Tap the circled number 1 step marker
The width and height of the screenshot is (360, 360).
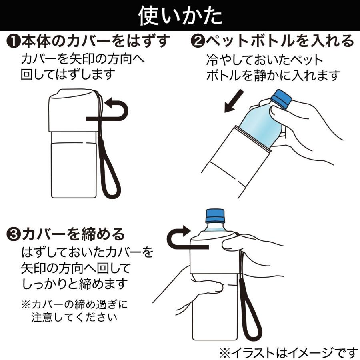click(14, 41)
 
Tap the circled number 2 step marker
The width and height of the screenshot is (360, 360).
click(198, 41)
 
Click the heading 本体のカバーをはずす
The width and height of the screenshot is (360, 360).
click(96, 41)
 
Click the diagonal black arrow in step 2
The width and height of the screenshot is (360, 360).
click(234, 101)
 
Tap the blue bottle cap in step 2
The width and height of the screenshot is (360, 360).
click(280, 99)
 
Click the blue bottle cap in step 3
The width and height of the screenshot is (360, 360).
click(216, 216)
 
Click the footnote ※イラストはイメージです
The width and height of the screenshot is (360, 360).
click(288, 352)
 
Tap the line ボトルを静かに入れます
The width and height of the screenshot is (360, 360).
click(274, 75)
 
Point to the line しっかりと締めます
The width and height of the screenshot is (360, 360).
click(74, 284)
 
